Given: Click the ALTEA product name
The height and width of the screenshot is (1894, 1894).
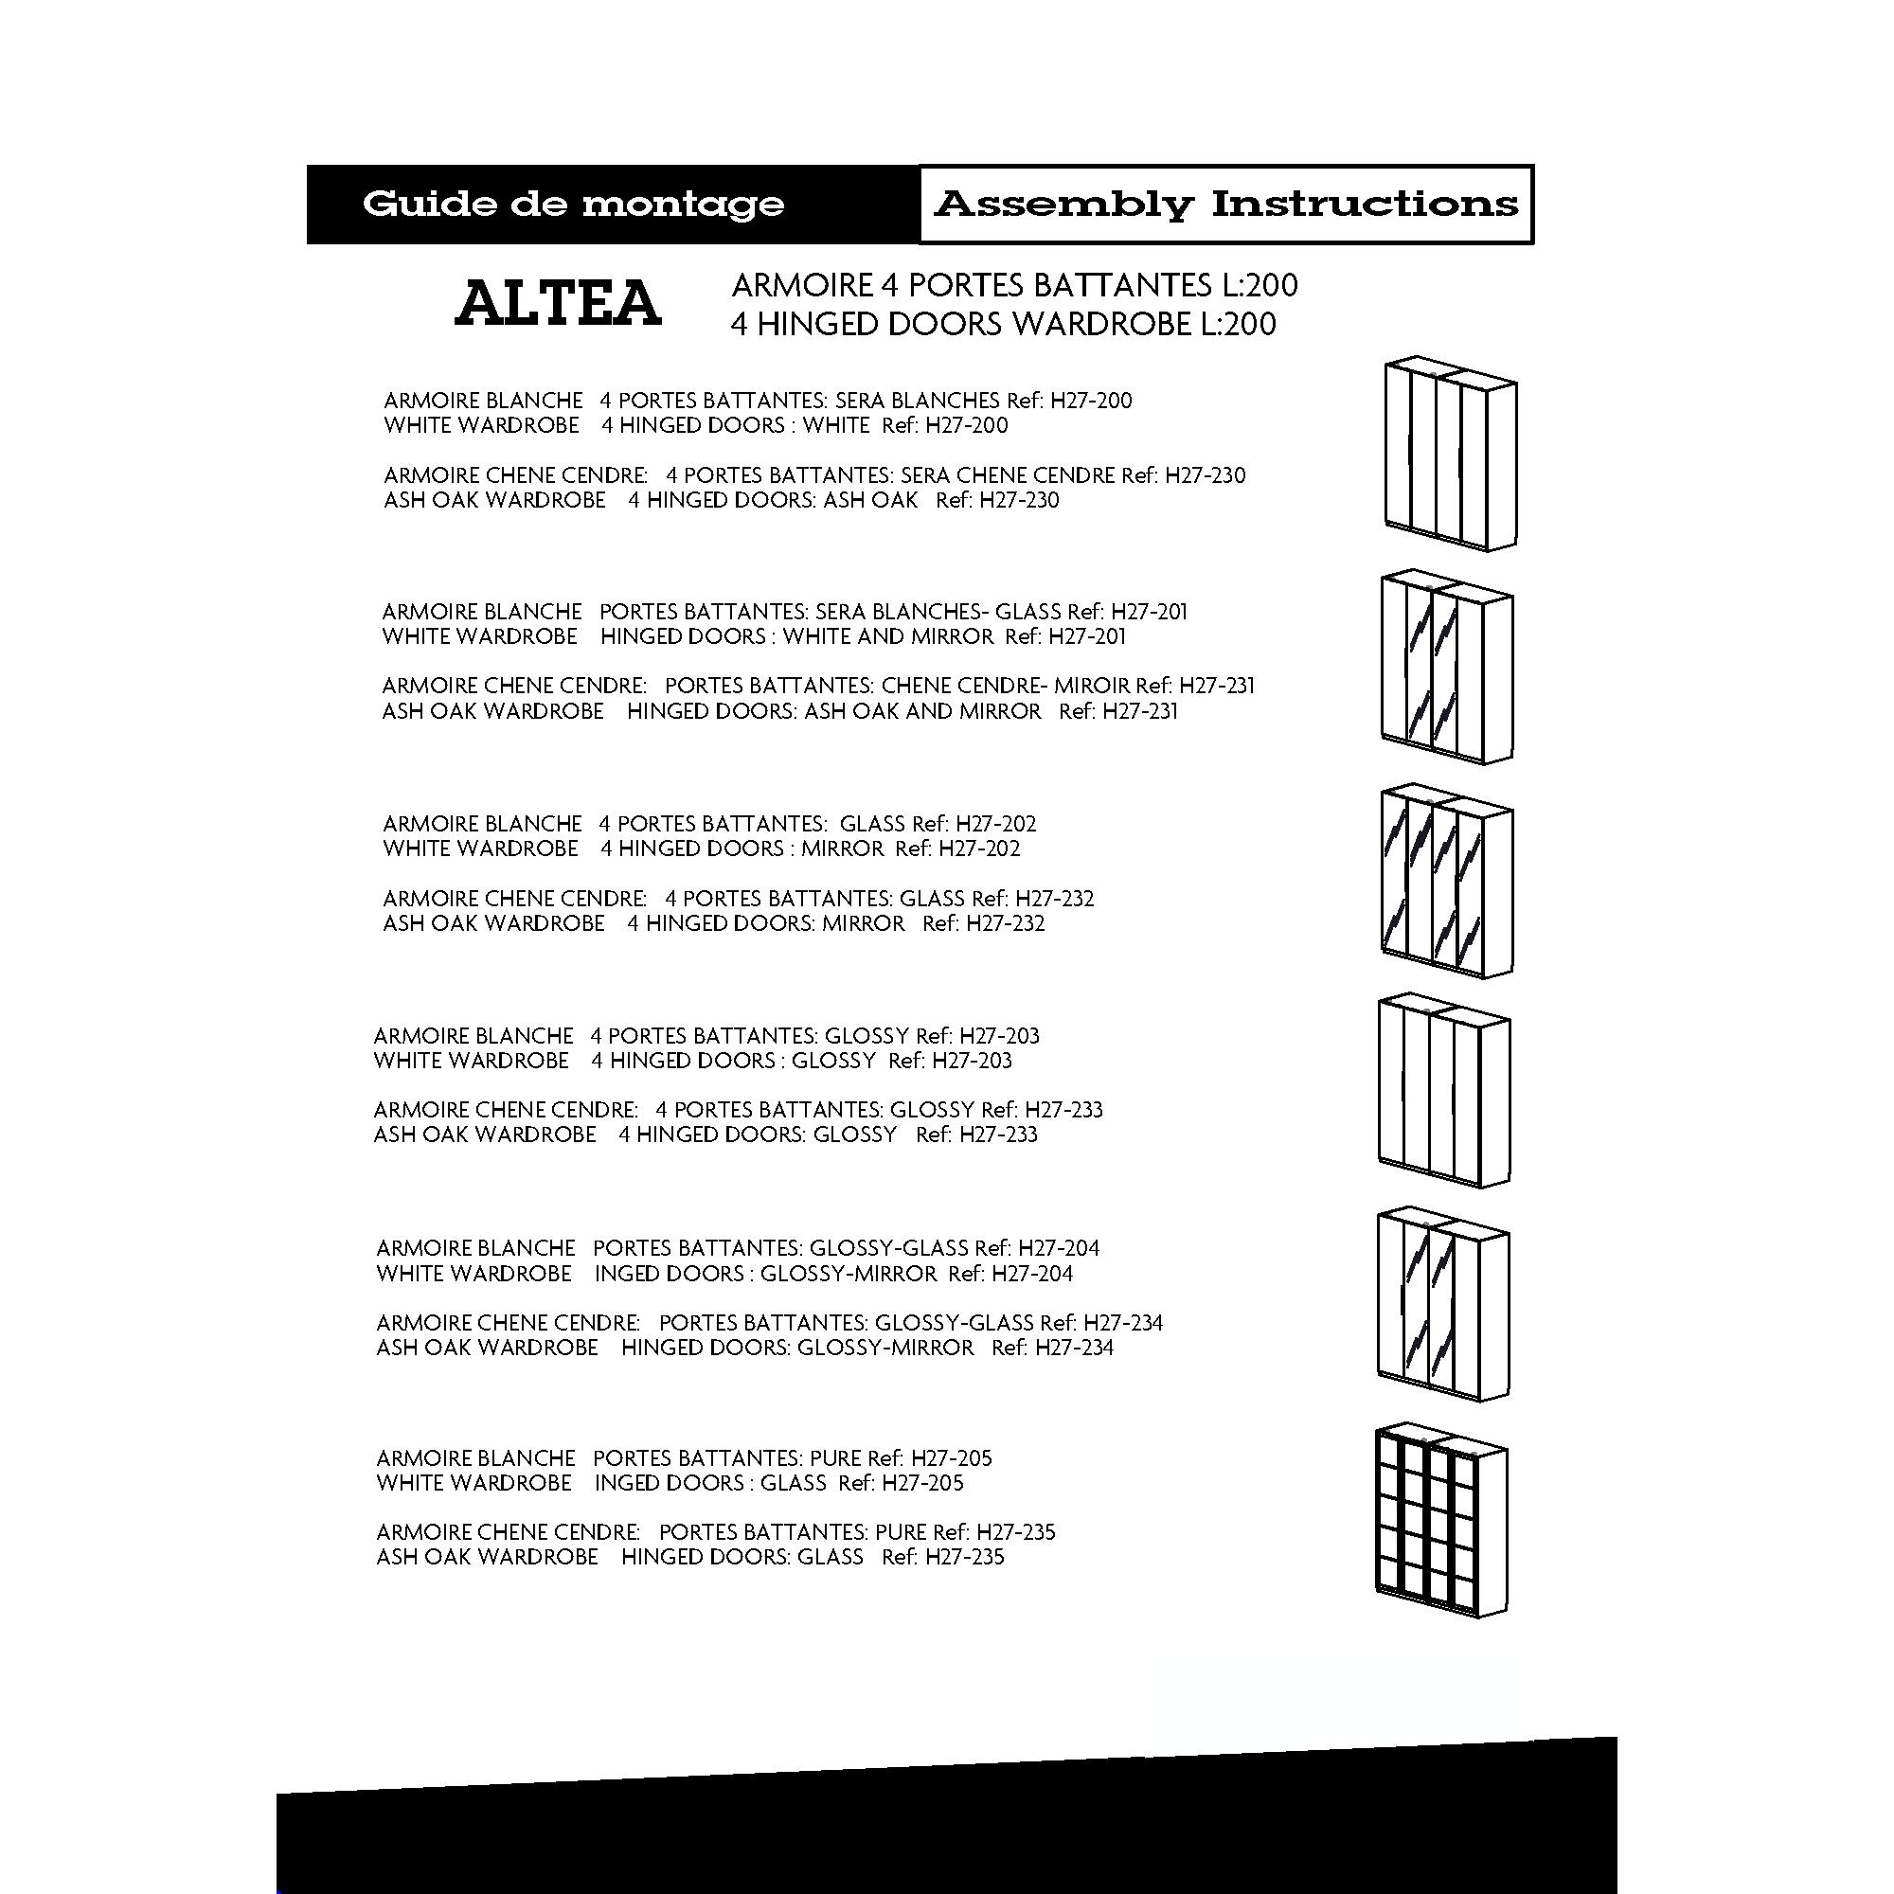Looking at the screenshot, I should [558, 303].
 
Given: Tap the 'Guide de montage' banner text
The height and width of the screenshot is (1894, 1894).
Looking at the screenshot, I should [574, 204].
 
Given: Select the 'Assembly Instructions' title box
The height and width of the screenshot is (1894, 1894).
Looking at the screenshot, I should [1225, 204].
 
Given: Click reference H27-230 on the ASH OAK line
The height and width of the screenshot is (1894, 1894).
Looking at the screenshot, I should [1020, 500].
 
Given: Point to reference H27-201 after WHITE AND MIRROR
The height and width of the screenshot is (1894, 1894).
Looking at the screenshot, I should [1087, 636].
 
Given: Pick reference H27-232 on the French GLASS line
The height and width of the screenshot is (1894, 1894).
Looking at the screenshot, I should [1055, 898].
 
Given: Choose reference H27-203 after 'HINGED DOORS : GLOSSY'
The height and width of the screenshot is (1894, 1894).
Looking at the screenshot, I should [972, 1061].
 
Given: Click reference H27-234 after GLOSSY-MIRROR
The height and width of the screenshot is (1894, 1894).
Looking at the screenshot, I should [1075, 1347].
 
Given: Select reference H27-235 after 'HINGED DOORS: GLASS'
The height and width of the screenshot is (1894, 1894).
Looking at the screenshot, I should [965, 1557].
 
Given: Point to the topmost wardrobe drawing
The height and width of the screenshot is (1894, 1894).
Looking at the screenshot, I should [1450, 453].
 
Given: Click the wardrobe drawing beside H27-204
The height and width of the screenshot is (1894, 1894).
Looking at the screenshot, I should [1442, 1303].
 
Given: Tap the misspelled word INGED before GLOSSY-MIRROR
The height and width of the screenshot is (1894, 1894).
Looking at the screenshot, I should [624, 1274].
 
